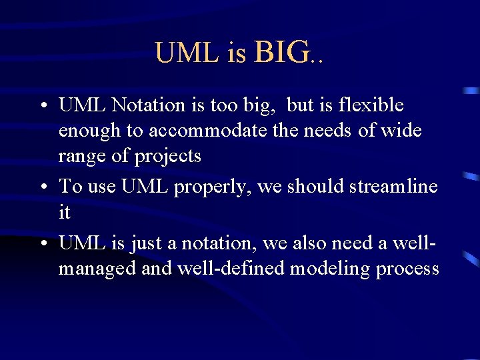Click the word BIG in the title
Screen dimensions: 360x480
pyautogui.click(x=281, y=52)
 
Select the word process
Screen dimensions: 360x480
pyautogui.click(x=407, y=270)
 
